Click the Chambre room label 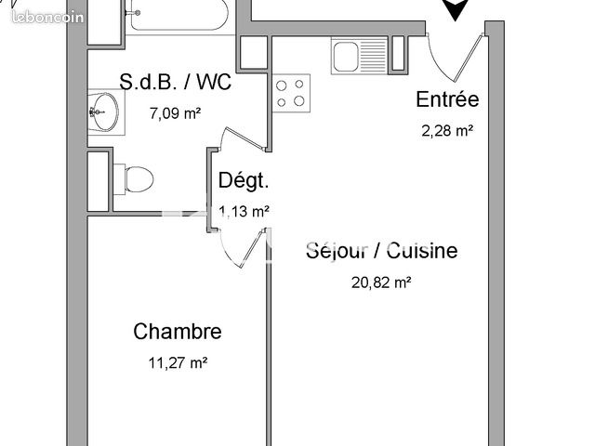coord(178,332)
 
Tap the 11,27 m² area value coord(178,363)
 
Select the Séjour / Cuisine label coord(382,251)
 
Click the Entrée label coord(447,100)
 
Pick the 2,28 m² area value coord(447,131)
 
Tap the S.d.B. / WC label coord(176,82)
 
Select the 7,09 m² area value coord(176,114)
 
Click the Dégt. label coord(244,181)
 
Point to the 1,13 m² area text coord(245,211)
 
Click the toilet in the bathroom coord(134,178)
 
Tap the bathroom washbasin coord(104,113)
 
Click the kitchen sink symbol coord(359,55)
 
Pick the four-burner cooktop coord(289,92)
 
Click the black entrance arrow coord(454,9)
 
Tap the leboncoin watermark coord(42,16)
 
